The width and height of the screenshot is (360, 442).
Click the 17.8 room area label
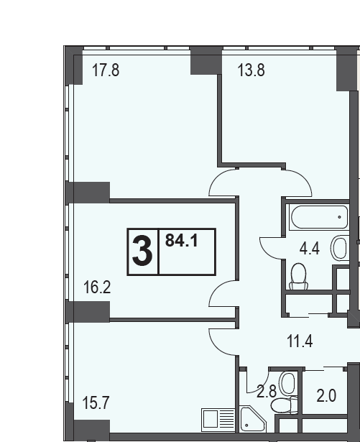(106, 70)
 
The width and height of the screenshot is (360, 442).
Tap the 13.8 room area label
(251, 70)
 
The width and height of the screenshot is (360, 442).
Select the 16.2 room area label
(97, 287)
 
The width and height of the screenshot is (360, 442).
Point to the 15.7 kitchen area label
(96, 402)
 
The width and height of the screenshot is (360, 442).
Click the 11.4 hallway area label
(300, 341)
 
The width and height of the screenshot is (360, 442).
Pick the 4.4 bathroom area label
(310, 249)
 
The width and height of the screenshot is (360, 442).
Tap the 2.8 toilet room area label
(267, 392)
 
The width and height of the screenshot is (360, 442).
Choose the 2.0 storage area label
(326, 396)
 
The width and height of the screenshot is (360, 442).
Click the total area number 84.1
(182, 241)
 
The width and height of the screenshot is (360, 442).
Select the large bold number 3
(142, 251)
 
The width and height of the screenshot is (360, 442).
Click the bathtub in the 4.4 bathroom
(319, 217)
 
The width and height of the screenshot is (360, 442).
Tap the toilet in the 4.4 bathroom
(298, 276)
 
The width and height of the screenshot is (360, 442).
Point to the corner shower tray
(252, 420)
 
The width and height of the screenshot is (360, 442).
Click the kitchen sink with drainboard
(218, 420)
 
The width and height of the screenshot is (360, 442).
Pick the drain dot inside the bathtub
(339, 217)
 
